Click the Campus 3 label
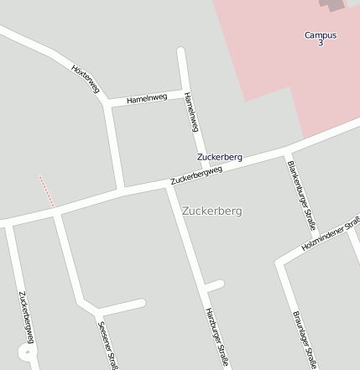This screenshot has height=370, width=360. (321, 39)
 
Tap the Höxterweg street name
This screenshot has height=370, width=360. (85, 78)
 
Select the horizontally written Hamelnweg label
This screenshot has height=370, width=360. (147, 99)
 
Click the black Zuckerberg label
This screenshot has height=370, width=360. (220, 157)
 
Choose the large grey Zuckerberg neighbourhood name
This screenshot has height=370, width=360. (211, 211)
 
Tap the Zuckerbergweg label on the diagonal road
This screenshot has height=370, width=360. (196, 175)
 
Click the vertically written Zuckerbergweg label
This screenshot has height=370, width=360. (25, 317)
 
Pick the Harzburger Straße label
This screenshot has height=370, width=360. (217, 337)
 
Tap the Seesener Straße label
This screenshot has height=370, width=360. (108, 345)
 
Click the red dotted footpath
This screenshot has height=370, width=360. (47, 191)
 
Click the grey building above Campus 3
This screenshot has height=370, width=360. (334, 5)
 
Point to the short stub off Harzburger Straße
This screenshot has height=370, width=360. (214, 286)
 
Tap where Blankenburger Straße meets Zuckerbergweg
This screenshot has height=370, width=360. (284, 154)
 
